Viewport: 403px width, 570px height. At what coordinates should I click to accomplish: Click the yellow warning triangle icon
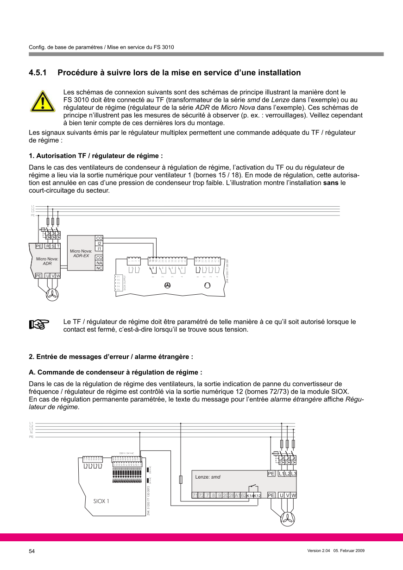coord(43,101)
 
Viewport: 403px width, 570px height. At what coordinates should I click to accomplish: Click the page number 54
coord(32,551)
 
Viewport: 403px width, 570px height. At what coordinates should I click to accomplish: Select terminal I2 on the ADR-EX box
coord(99,243)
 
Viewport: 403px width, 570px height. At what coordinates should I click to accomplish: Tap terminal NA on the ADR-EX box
coord(99,263)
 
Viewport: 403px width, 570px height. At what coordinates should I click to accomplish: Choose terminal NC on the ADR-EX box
coord(99,268)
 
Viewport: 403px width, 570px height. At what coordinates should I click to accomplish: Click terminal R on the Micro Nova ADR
coord(48,246)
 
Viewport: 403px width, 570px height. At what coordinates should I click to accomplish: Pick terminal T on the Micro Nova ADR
coord(58,246)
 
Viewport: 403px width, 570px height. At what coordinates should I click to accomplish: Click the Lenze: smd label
coord(208,476)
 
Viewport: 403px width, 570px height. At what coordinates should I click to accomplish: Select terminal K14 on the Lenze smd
coord(250,496)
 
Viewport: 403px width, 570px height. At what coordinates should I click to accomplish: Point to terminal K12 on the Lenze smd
coord(258,496)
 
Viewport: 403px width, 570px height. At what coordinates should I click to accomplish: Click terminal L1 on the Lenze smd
coord(282,473)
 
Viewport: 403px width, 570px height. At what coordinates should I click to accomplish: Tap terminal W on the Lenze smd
coord(294,495)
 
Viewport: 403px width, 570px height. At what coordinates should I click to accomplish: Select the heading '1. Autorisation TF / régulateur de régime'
coord(96,156)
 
